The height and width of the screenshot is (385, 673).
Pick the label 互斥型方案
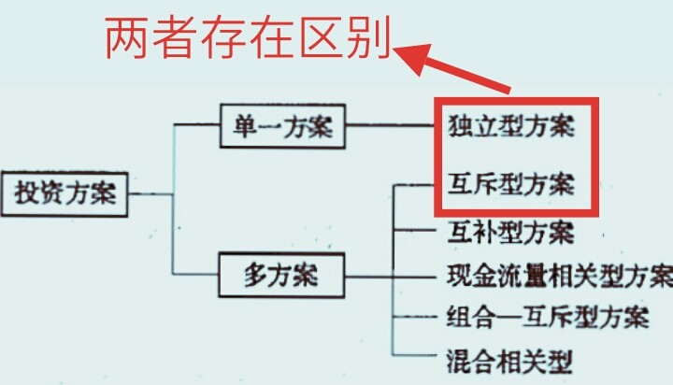[x=510, y=182]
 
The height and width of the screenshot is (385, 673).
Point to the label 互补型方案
[x=510, y=230]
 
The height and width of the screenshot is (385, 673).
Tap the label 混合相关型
[x=510, y=357]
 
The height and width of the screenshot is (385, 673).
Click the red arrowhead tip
[x=399, y=53]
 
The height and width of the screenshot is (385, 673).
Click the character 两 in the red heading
[x=127, y=39]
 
